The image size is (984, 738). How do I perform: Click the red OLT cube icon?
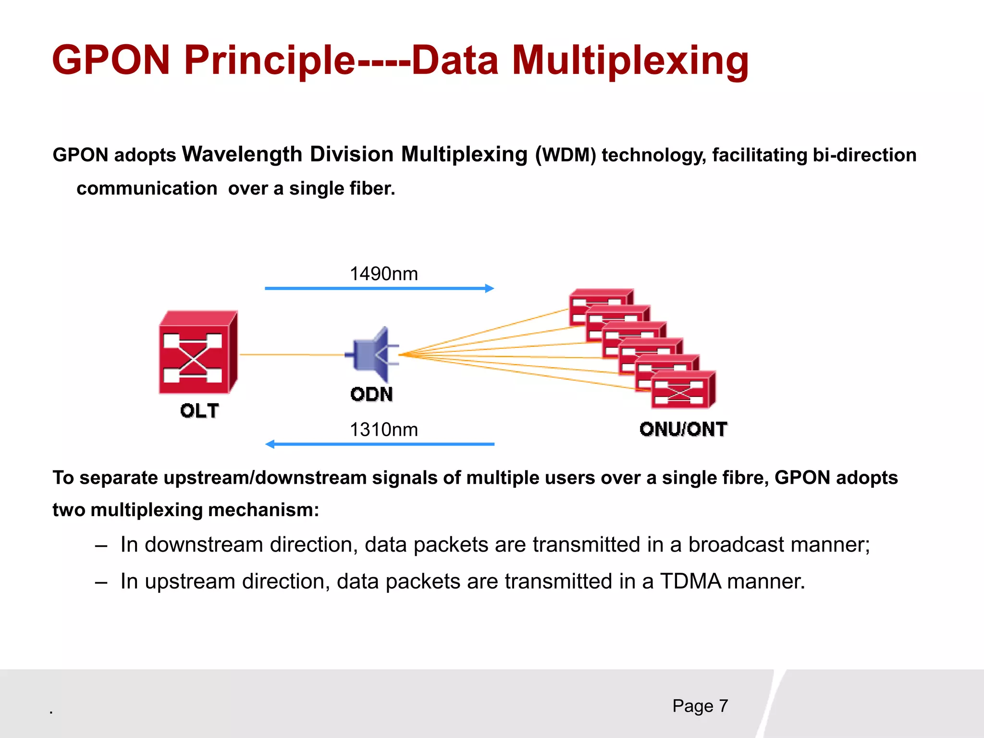(197, 353)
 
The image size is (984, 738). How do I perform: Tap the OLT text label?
(199, 411)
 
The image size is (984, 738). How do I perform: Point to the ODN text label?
(371, 394)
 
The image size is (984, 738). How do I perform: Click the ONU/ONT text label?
(683, 429)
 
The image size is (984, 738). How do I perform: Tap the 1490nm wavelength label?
(383, 274)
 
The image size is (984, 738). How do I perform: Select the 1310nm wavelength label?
(383, 430)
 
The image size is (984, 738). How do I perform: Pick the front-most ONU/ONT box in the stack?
(682, 390)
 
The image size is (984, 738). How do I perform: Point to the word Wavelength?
(242, 154)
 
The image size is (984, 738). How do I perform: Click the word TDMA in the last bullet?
(690, 581)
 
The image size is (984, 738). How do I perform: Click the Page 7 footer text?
(700, 706)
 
